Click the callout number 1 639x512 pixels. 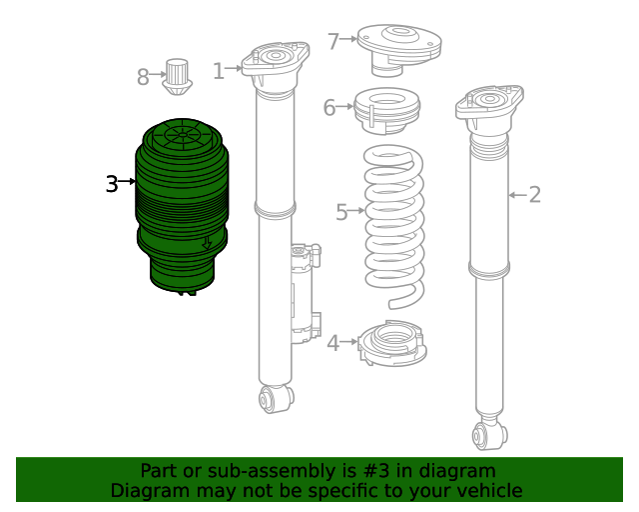218,71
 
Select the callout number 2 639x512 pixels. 535,194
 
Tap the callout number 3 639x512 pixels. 112,183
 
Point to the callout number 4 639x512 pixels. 332,343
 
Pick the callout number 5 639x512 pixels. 341,211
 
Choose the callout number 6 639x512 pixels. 329,107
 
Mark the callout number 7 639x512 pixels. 333,41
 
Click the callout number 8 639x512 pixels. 143,75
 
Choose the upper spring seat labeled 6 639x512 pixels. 386,112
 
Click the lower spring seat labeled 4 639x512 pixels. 392,345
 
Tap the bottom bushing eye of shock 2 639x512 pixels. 489,435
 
